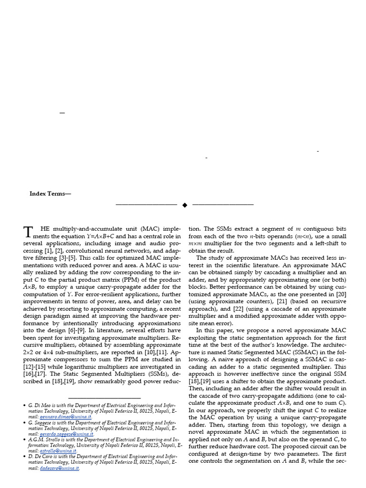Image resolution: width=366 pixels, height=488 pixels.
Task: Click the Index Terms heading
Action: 50,194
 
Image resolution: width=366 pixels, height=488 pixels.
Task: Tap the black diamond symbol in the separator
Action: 184,205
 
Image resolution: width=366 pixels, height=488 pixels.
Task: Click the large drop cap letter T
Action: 29,232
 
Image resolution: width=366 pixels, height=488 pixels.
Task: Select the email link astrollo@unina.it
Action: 58,451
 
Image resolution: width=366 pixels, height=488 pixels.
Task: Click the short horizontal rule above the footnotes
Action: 104,397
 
